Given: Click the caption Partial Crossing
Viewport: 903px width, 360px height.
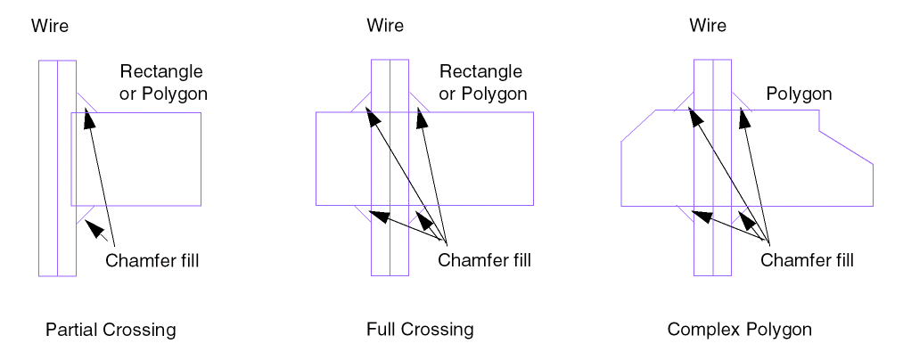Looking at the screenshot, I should click(111, 330).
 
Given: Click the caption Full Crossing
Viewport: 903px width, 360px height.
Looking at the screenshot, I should click(420, 330).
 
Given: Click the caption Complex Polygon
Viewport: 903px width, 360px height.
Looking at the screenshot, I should click(740, 330).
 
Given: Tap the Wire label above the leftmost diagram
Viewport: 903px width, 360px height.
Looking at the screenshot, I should click(50, 26).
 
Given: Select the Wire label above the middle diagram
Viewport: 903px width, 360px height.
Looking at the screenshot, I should click(385, 26).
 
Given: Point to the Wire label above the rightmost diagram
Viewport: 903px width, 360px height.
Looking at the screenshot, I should click(708, 26).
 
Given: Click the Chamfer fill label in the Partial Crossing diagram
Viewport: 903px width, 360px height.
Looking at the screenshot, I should click(152, 261).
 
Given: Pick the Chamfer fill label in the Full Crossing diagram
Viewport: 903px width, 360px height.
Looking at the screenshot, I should click(484, 261).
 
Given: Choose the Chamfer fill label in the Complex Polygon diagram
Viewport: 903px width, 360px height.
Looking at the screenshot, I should click(807, 261).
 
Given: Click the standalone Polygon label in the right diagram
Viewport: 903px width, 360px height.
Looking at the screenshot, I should click(799, 94).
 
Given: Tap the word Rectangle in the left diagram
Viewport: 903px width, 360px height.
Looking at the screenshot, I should click(161, 71).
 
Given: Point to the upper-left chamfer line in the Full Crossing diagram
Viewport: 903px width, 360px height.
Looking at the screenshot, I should click(361, 102).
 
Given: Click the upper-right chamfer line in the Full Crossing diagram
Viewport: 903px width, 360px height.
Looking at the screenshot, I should click(419, 102).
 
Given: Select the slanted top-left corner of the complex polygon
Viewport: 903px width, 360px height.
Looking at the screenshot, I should click(638, 126).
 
